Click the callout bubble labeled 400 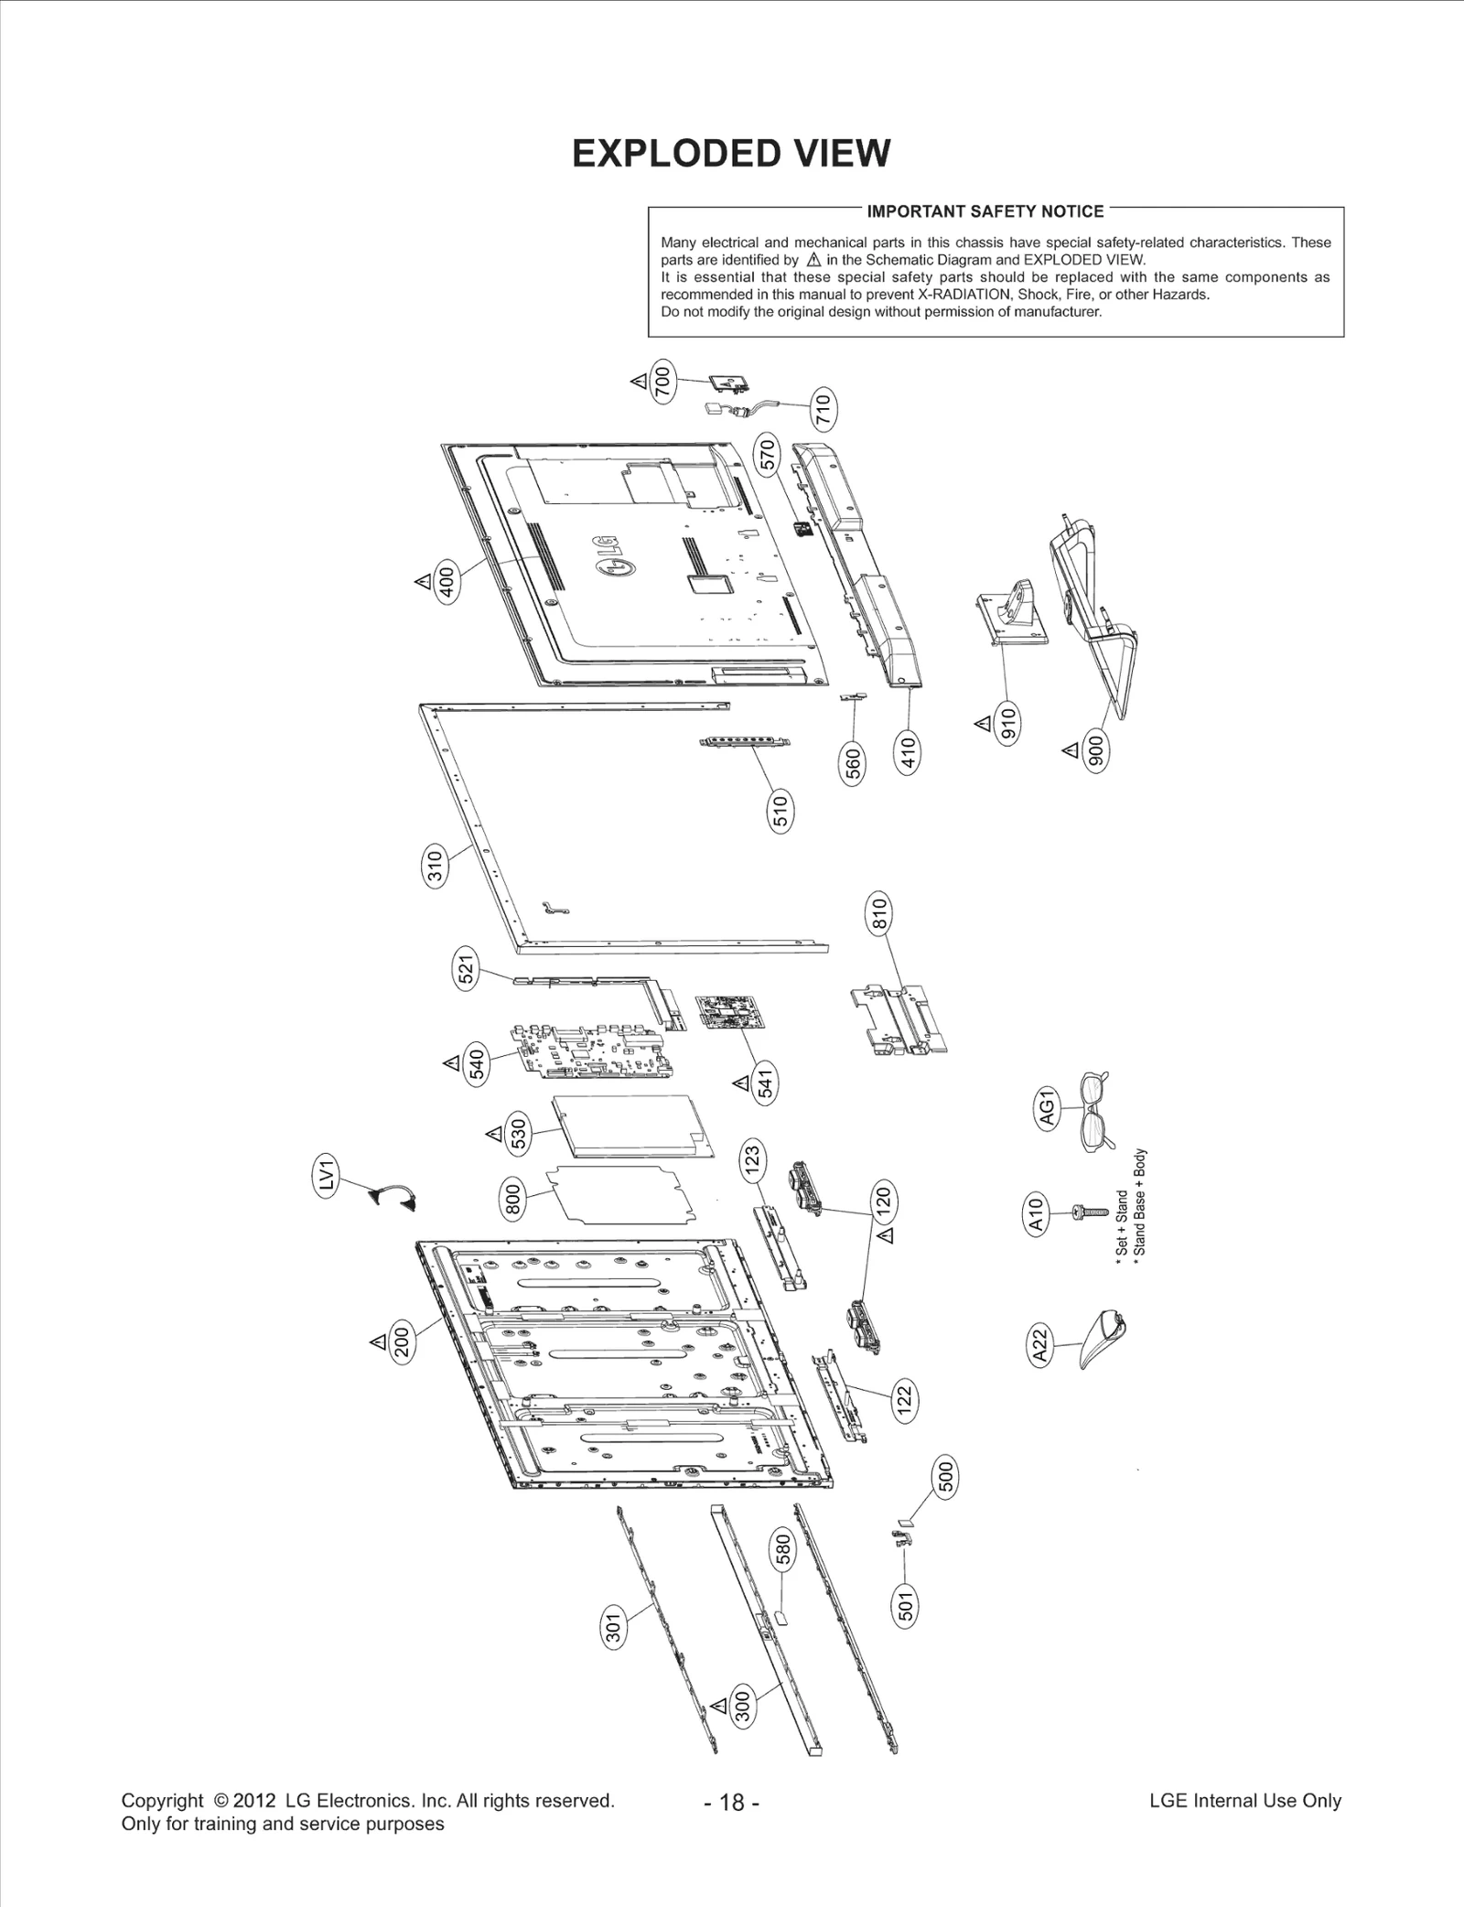(447, 582)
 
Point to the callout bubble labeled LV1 (328, 1174)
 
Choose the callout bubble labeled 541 (765, 1083)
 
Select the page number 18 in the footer (732, 1802)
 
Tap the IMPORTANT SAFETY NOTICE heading (985, 211)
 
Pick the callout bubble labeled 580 (783, 1549)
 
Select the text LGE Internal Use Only (1244, 1801)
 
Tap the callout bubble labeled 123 (752, 1160)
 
